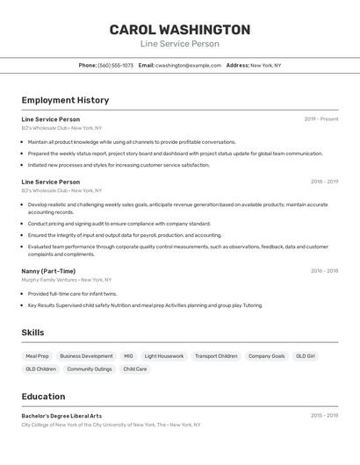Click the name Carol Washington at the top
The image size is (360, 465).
click(x=179, y=30)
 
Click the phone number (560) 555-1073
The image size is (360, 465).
click(x=116, y=65)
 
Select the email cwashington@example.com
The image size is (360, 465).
click(x=188, y=65)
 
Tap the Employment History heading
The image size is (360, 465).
click(x=65, y=100)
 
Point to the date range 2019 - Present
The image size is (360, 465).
click(x=321, y=118)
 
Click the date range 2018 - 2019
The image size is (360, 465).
click(x=324, y=182)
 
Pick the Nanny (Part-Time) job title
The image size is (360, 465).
click(x=48, y=271)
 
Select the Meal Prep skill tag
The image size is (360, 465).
click(x=38, y=356)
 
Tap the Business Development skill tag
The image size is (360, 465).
click(x=86, y=356)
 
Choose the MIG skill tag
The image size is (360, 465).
click(x=128, y=356)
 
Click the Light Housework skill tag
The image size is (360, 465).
click(x=164, y=356)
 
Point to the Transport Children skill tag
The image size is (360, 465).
click(x=216, y=356)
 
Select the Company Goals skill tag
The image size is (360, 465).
click(x=266, y=356)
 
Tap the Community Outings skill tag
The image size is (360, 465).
click(x=90, y=369)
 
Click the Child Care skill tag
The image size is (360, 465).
click(x=135, y=369)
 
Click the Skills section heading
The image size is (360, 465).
click(x=32, y=333)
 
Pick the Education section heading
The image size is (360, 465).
click(x=43, y=397)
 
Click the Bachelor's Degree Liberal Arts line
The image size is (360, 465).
click(x=61, y=416)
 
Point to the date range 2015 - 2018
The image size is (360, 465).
click(x=324, y=416)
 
